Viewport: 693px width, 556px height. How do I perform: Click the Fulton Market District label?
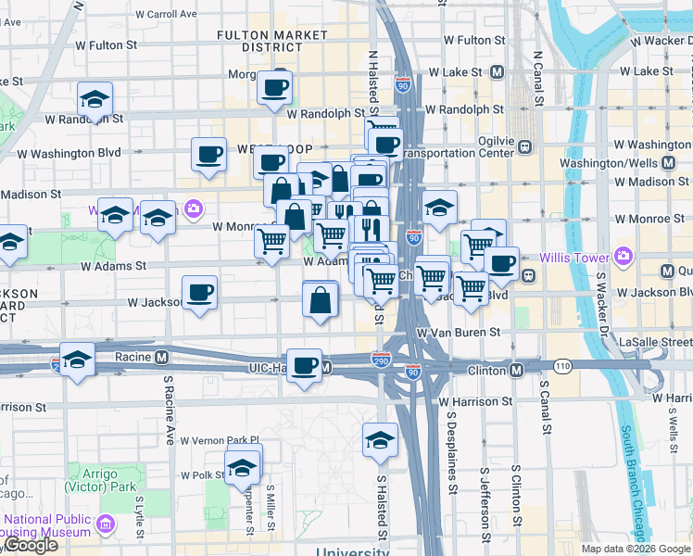tap(258, 41)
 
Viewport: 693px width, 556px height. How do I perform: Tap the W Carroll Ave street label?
tap(167, 14)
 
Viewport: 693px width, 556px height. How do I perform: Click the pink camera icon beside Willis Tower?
tap(623, 256)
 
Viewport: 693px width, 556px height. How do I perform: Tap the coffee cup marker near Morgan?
tap(274, 89)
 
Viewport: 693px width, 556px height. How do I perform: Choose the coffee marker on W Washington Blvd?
tap(209, 155)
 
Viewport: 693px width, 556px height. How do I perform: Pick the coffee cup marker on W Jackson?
tap(200, 295)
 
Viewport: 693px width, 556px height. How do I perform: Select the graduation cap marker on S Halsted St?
tap(379, 442)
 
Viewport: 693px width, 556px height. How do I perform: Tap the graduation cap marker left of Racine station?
tap(77, 361)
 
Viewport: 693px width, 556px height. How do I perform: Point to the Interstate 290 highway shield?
tap(381, 360)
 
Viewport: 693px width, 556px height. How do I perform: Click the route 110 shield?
tap(562, 366)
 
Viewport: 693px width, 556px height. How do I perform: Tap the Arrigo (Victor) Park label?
tap(92, 480)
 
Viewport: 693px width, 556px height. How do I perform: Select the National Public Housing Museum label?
tap(46, 525)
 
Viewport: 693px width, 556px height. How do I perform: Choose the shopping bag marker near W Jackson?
tap(320, 301)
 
